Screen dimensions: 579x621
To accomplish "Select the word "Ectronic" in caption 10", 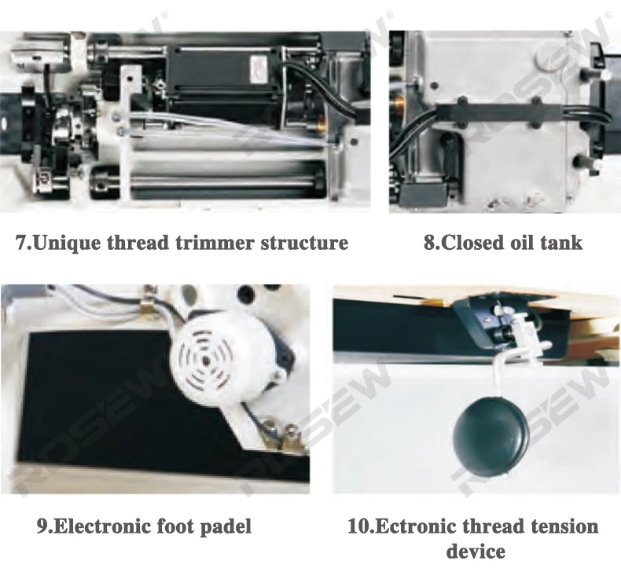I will coord(415,526).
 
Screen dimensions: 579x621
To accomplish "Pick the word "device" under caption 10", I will coord(476,551).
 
